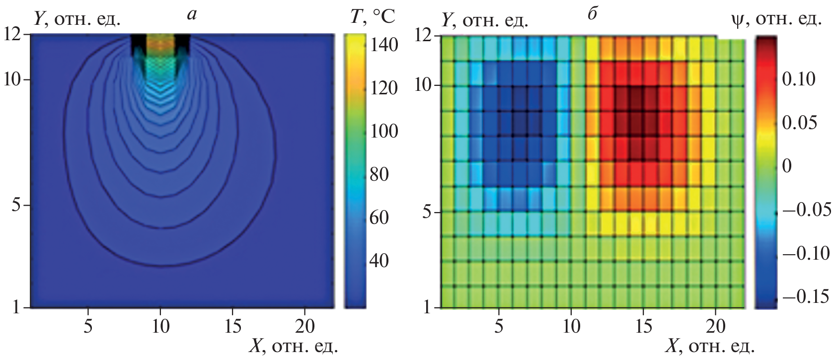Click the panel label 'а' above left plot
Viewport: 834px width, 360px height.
(x=191, y=15)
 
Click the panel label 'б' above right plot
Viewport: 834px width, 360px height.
(x=591, y=15)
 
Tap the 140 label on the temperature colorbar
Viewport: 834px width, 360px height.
(x=384, y=46)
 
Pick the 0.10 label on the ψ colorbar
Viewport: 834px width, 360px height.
(x=799, y=79)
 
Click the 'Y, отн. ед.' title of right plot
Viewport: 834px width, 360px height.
(x=484, y=20)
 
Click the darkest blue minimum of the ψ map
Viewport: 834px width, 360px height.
(x=520, y=118)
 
